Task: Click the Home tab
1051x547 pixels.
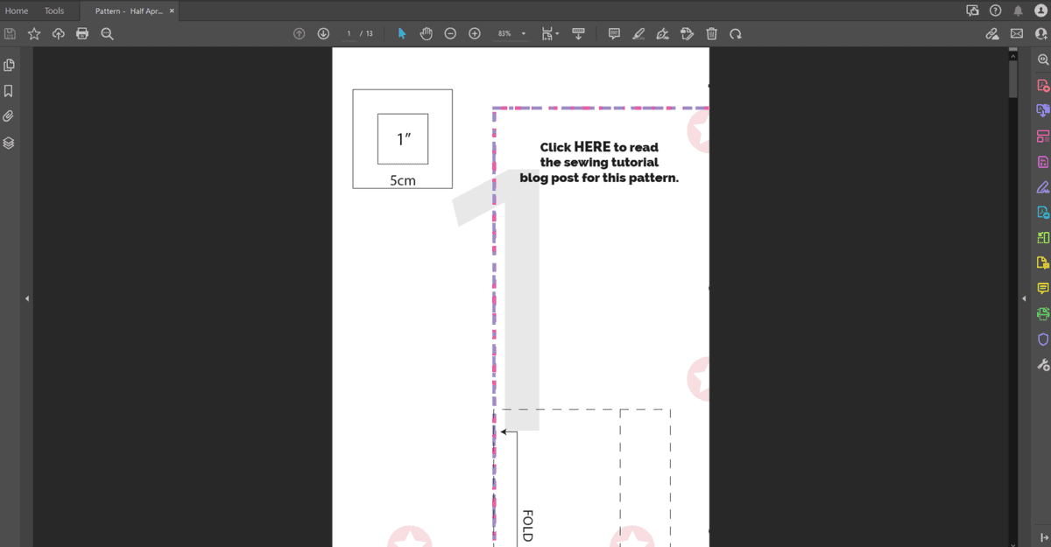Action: point(17,11)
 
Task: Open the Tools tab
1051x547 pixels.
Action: point(54,11)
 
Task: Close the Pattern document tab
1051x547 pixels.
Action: point(172,11)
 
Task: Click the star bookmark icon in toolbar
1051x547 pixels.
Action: point(34,33)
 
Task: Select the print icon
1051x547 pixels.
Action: point(82,33)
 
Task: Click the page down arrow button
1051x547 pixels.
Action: point(323,33)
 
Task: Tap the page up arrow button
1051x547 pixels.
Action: point(299,33)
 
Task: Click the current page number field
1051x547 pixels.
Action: point(349,33)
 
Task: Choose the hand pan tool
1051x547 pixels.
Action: point(426,33)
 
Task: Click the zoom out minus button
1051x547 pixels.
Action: point(450,33)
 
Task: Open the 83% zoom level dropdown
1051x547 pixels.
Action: point(524,33)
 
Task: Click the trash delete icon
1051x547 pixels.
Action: point(711,33)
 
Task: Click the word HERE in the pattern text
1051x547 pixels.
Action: point(592,147)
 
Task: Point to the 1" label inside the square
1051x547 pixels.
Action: point(404,139)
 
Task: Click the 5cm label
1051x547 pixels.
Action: point(403,180)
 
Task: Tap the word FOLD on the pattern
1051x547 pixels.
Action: point(527,525)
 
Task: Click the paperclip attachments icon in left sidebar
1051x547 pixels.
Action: point(9,116)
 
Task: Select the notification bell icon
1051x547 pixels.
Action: point(1018,11)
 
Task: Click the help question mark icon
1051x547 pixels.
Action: point(995,11)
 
